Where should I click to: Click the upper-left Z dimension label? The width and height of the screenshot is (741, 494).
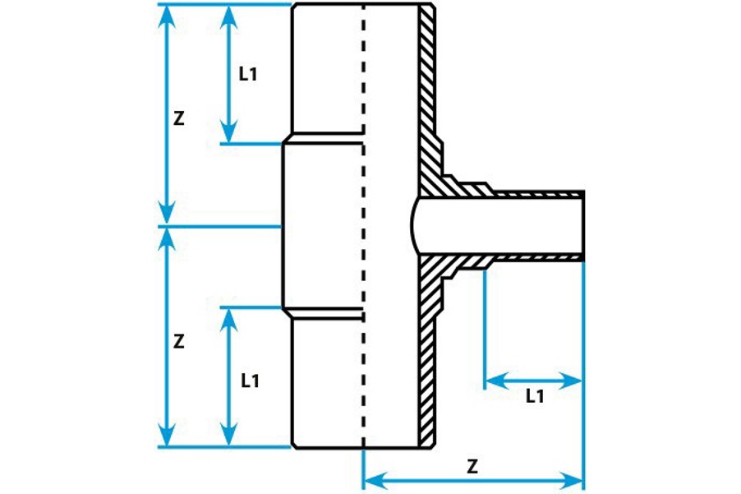(x=179, y=118)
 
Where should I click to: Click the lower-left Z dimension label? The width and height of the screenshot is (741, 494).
(x=179, y=339)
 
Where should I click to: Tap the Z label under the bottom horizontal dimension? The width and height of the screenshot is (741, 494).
(x=472, y=466)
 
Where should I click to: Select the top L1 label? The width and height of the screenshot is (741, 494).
(x=248, y=74)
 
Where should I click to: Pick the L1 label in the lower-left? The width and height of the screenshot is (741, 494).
(x=250, y=381)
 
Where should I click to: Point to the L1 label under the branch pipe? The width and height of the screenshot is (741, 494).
(x=535, y=395)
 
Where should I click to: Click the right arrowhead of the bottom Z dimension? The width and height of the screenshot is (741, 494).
(x=574, y=478)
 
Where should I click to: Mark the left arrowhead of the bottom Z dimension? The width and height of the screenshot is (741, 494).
(x=373, y=478)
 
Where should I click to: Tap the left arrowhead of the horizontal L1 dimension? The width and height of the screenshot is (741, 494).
(x=494, y=381)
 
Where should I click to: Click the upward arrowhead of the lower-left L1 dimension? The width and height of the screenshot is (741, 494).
(x=229, y=318)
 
